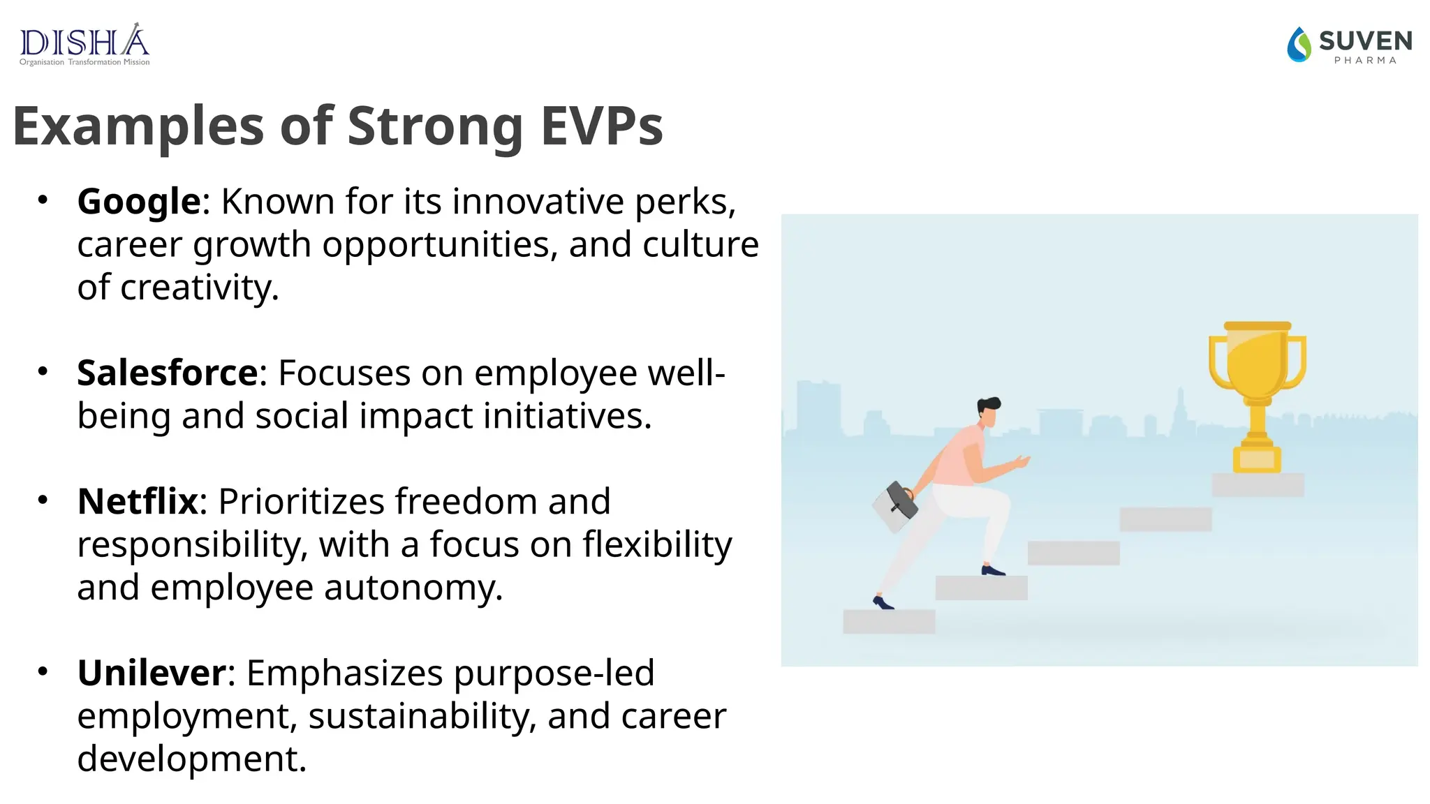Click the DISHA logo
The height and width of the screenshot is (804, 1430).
tap(84, 44)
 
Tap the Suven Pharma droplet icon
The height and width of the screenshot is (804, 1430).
tap(1299, 45)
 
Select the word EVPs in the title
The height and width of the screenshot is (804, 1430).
tap(602, 126)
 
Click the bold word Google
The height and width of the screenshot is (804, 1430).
tap(139, 202)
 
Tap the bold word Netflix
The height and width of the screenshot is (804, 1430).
tap(138, 501)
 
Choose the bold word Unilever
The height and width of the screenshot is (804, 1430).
tap(152, 673)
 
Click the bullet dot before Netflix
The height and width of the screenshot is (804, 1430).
tap(43, 500)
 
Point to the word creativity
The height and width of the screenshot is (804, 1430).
tap(199, 288)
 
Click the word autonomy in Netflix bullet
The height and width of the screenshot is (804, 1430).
tap(413, 588)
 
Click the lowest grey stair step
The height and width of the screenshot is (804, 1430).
tap(889, 621)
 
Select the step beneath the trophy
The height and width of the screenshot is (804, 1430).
tap(1258, 485)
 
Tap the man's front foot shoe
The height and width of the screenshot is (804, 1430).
tap(993, 571)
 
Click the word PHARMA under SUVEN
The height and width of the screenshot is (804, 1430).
tap(1365, 61)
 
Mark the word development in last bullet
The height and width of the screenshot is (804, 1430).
tap(191, 759)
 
